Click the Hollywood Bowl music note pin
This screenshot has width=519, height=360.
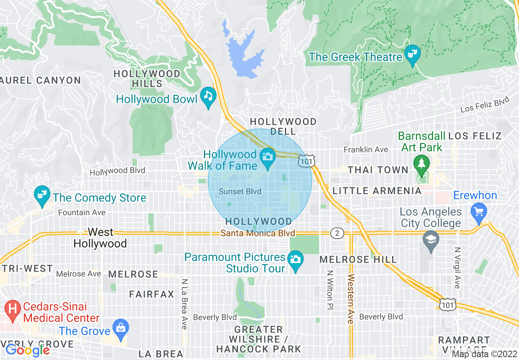[209, 97]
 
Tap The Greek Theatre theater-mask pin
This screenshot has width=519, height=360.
[412, 55]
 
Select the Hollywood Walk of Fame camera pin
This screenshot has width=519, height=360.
[268, 157]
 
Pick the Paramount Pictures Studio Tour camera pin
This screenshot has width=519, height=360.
[295, 260]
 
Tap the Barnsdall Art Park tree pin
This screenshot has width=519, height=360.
[420, 163]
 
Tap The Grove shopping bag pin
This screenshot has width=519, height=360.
[121, 328]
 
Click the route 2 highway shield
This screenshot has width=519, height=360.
[337, 233]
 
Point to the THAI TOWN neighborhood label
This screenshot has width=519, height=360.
[378, 170]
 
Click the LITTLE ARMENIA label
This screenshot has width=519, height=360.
[377, 191]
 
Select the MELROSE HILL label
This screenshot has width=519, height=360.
[358, 259]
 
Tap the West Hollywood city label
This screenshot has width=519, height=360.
[100, 238]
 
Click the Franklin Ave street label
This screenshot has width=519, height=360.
[366, 149]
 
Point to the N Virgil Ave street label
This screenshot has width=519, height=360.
[457, 268]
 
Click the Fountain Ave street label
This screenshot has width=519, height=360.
[81, 212]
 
